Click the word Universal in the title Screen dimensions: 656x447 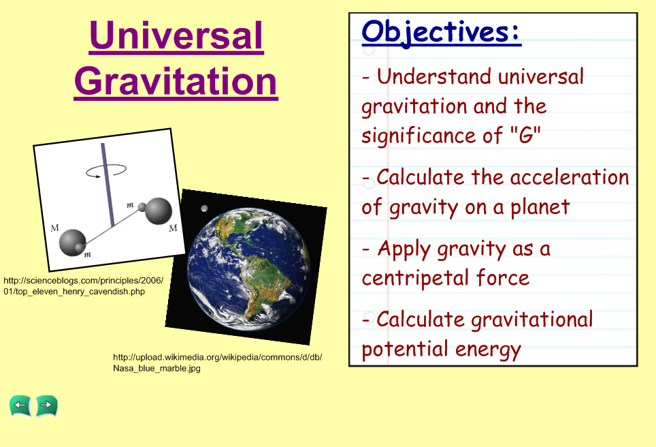click(176, 36)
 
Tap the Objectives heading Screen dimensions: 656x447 click(441, 32)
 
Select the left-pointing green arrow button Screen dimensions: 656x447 click(20, 405)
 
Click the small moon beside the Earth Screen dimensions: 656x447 click(204, 209)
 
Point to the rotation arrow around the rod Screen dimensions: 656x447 click(106, 170)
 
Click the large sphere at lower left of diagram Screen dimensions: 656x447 click(72, 242)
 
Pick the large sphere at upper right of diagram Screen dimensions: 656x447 click(159, 211)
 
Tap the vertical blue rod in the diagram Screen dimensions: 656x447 click(108, 185)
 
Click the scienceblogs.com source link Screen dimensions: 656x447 click(83, 286)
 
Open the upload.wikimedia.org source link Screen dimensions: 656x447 click(218, 363)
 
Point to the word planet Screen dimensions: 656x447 click(540, 207)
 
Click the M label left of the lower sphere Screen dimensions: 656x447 click(55, 228)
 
